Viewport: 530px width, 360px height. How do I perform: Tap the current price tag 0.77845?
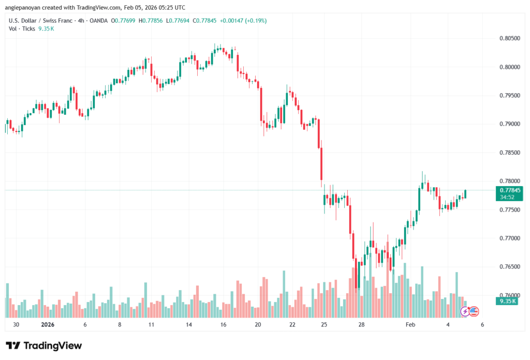coord(510,190)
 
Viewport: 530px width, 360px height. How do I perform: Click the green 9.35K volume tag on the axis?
coord(506,301)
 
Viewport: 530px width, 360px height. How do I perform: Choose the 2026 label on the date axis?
coord(47,325)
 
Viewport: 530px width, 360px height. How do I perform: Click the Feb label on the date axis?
coord(410,325)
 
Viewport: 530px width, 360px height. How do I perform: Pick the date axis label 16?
coord(223,325)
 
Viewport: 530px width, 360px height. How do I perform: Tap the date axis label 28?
coord(361,325)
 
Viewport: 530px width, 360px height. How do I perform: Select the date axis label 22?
coord(292,325)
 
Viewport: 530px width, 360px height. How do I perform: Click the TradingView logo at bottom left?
coord(43,346)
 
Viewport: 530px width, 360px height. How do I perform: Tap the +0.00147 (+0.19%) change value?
coord(243,21)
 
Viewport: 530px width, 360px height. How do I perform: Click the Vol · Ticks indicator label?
coord(21,28)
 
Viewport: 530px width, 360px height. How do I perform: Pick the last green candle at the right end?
coord(466,193)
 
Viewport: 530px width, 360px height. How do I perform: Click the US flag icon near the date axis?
coord(473,311)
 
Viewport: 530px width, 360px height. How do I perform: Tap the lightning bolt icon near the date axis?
coord(465,311)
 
